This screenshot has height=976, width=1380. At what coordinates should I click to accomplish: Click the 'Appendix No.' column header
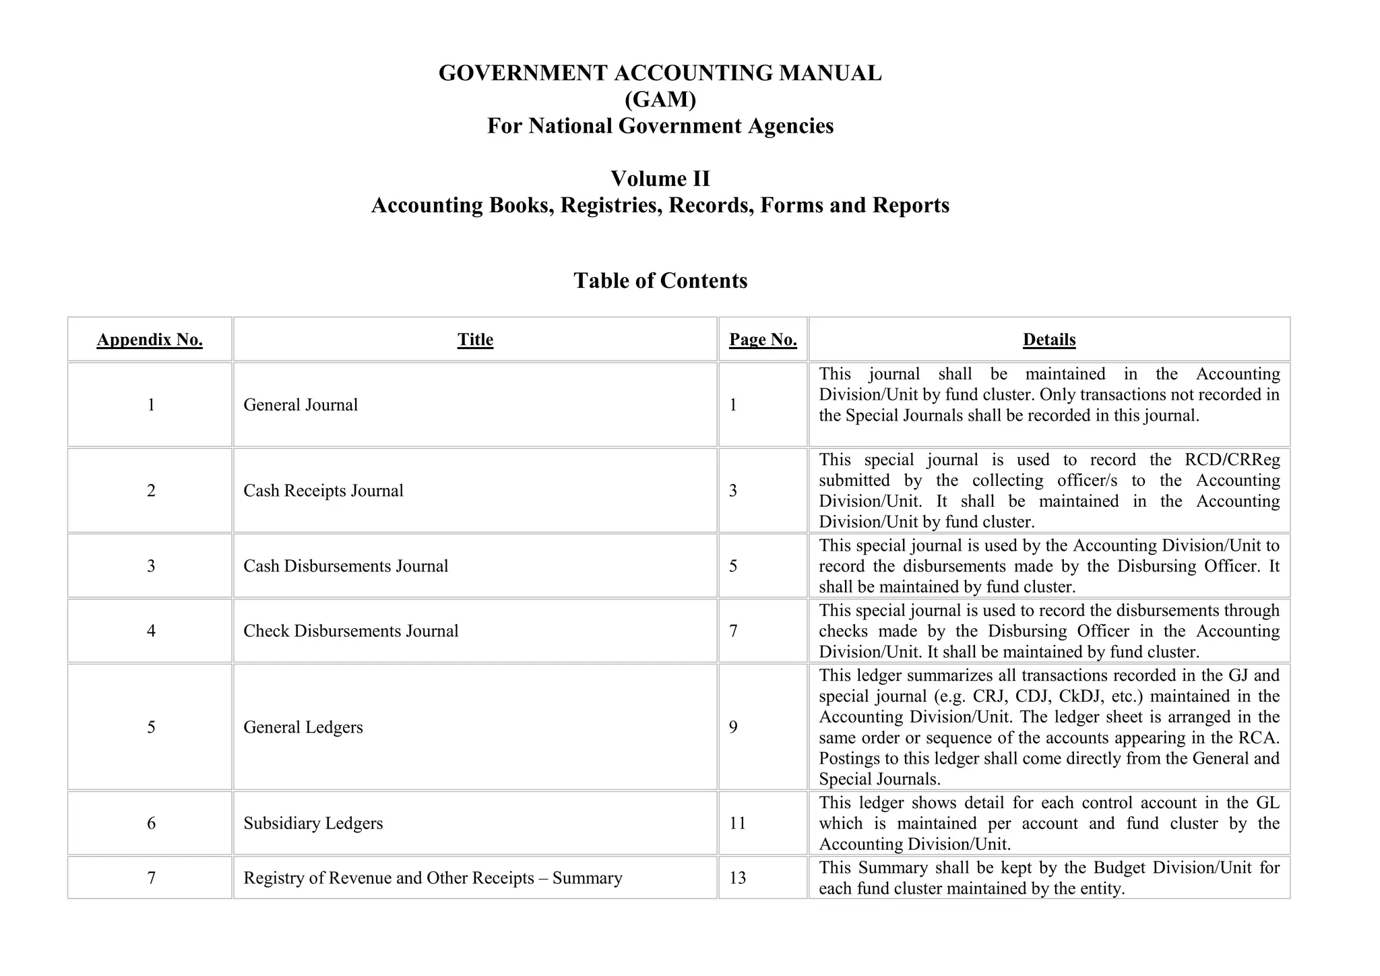[150, 340]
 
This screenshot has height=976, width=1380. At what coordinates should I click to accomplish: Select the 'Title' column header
[475, 340]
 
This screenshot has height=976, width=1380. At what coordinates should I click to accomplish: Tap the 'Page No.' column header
[763, 340]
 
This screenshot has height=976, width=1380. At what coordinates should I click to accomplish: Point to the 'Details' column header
[1049, 340]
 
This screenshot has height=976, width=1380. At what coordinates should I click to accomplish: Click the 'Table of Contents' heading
[660, 280]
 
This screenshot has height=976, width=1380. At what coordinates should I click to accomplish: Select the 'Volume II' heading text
[660, 179]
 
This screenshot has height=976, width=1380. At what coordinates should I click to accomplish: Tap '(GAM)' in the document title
[660, 100]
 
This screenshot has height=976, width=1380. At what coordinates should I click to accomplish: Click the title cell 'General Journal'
[301, 404]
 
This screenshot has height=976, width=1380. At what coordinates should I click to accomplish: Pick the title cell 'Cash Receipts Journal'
[323, 490]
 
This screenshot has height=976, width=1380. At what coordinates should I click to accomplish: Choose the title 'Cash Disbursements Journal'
[346, 566]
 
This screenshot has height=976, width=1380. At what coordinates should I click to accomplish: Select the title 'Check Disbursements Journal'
[350, 631]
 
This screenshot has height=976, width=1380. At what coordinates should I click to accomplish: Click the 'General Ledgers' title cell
[303, 727]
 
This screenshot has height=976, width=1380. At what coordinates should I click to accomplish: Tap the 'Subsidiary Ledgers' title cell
[313, 823]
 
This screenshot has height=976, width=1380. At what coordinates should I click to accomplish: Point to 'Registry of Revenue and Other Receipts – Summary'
[433, 878]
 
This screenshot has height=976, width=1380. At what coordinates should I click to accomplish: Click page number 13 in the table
[737, 878]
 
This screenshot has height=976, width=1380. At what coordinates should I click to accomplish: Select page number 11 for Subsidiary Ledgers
[737, 823]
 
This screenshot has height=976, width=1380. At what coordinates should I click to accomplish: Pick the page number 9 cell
[733, 727]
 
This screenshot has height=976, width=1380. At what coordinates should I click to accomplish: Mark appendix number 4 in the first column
[151, 631]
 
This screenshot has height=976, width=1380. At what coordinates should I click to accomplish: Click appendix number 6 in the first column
[151, 823]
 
